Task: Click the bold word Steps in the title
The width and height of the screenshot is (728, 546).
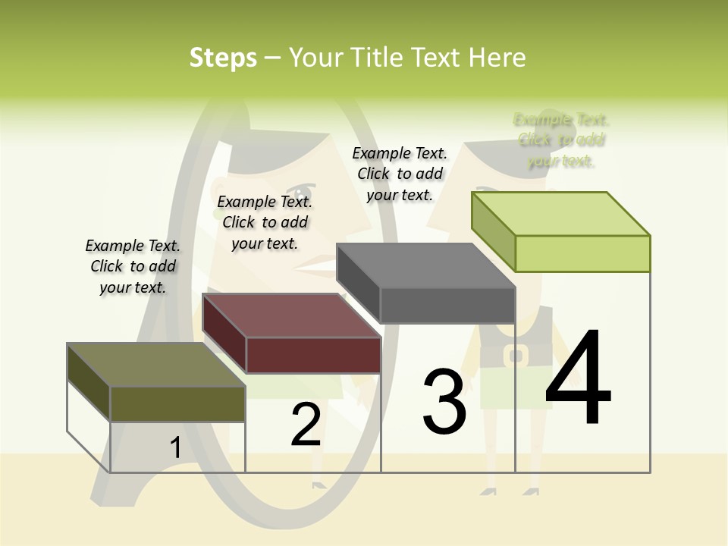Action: tap(223, 58)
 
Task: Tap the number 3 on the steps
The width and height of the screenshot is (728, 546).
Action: tap(444, 401)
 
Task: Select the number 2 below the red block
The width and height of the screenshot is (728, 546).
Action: tap(306, 425)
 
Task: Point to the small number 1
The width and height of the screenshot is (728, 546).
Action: tap(175, 447)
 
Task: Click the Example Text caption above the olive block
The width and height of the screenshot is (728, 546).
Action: tap(133, 266)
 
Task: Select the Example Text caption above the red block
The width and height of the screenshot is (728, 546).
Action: tap(265, 222)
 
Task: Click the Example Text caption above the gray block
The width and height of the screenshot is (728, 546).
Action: tap(400, 174)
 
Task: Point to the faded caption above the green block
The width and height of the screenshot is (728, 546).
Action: tap(561, 140)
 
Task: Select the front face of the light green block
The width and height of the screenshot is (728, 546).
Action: tap(582, 253)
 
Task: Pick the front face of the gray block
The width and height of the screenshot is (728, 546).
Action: tap(447, 306)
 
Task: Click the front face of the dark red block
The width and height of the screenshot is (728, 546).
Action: tap(313, 355)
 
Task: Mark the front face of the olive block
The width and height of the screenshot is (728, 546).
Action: tap(177, 403)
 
